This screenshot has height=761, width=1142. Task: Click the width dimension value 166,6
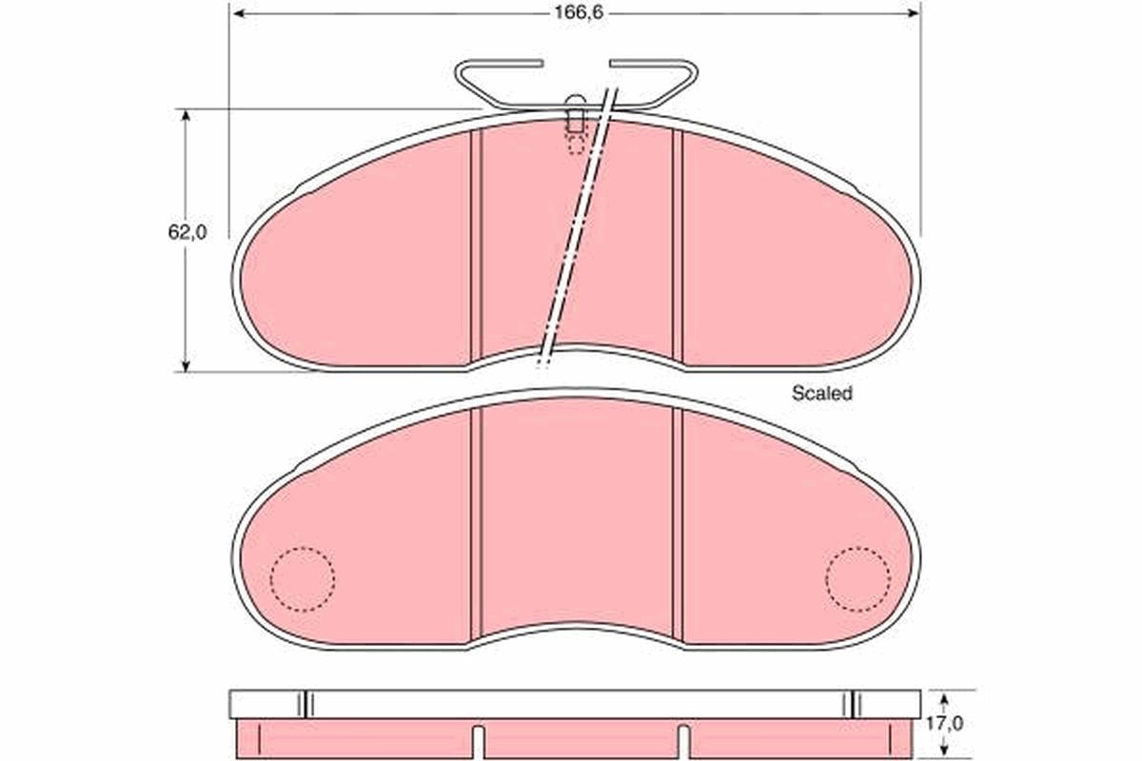tap(579, 12)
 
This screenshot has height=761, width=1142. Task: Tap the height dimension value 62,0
tap(187, 232)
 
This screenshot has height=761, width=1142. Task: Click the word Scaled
tap(822, 393)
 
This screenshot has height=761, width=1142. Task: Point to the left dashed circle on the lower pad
tap(303, 579)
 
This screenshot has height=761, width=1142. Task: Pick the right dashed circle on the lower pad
tap(858, 579)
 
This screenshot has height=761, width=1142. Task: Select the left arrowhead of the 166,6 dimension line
tap(239, 13)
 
